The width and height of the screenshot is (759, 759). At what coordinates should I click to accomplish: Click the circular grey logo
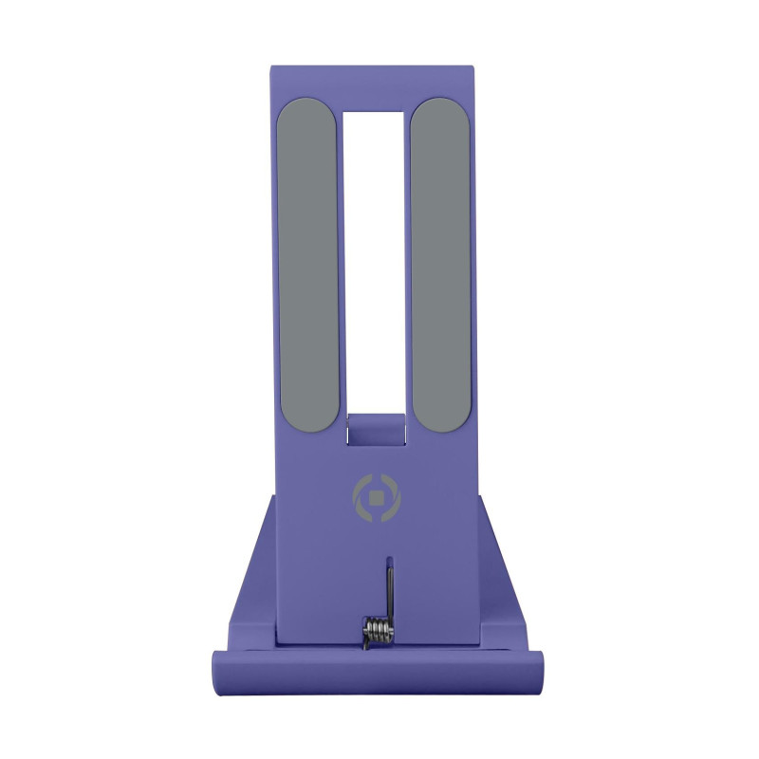pyautogui.click(x=376, y=497)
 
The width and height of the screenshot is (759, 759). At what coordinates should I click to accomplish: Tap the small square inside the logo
pyautogui.click(x=376, y=497)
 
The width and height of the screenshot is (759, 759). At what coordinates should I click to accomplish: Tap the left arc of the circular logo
pyautogui.click(x=358, y=497)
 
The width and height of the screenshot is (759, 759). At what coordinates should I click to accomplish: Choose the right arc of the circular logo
pyautogui.click(x=394, y=497)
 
